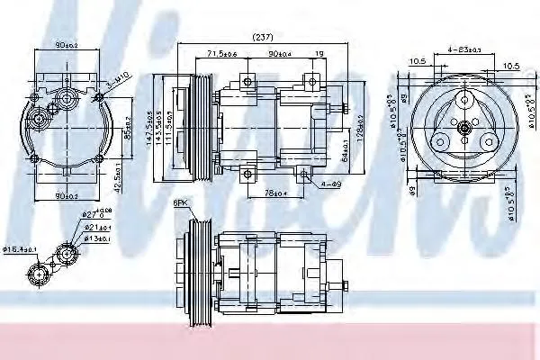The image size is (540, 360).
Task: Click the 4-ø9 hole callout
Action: pyautogui.click(x=331, y=184)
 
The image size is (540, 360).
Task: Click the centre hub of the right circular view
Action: pyautogui.click(x=463, y=130)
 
